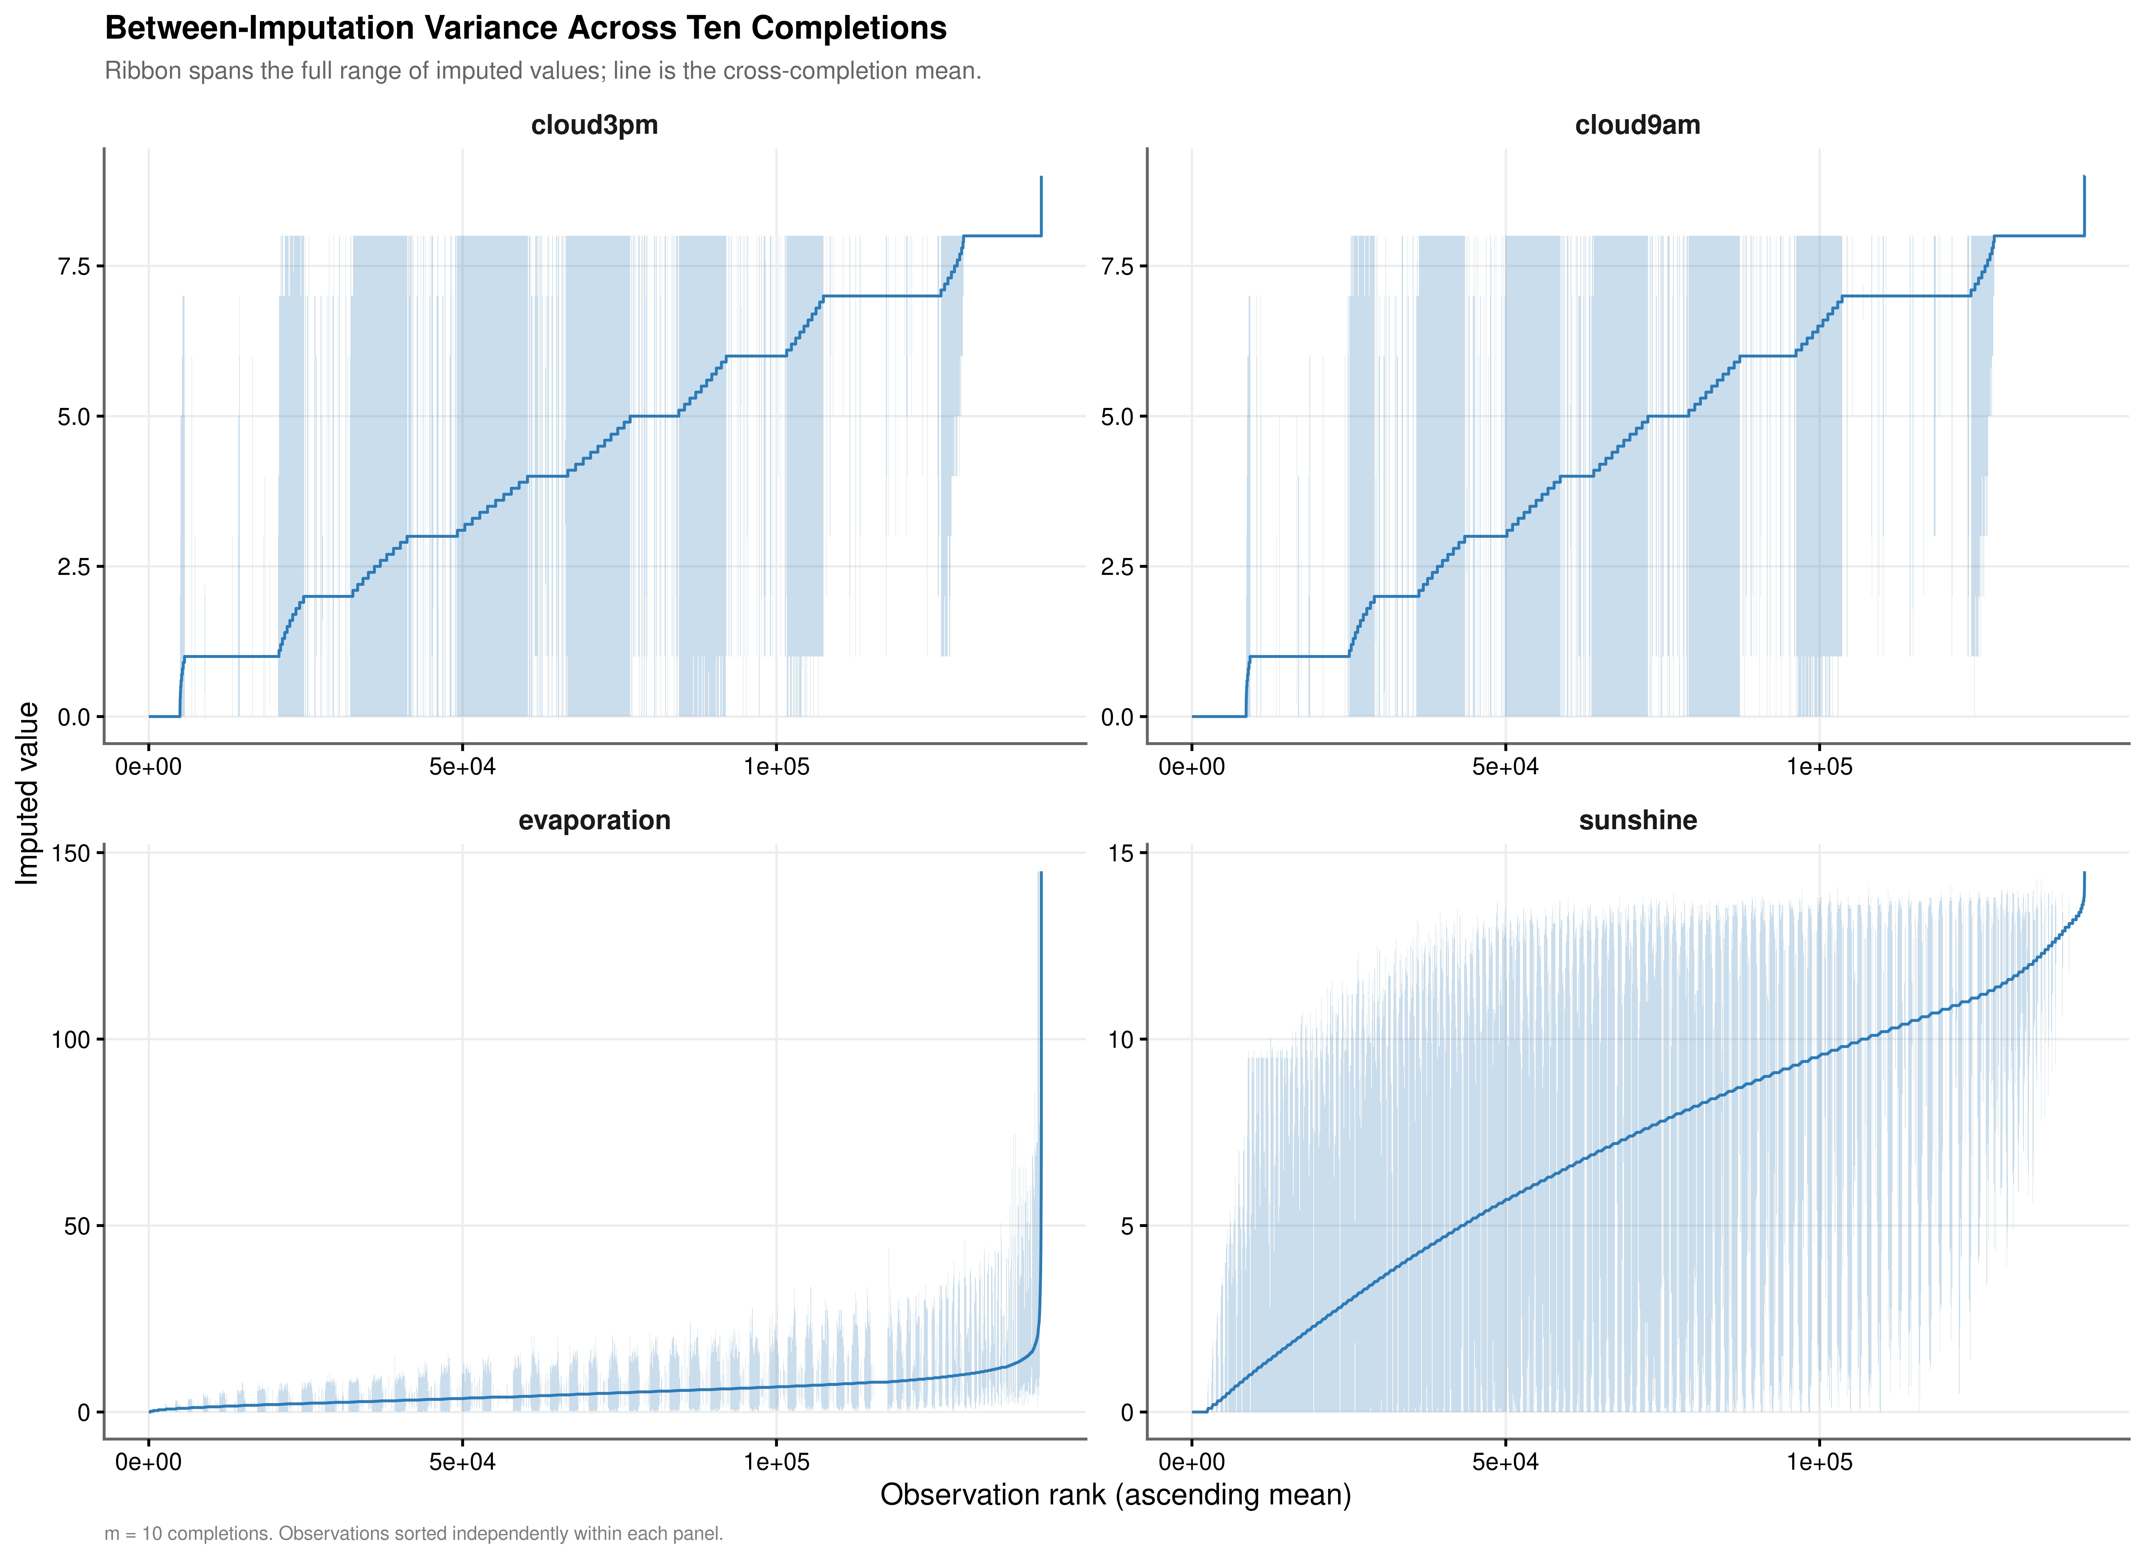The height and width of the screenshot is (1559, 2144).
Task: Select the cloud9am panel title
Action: pos(1637,125)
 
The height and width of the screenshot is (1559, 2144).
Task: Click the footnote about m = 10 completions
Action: pos(413,1533)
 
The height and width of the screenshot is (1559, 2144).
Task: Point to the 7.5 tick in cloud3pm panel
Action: pos(74,267)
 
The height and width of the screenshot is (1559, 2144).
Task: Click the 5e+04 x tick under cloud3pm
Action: pos(462,767)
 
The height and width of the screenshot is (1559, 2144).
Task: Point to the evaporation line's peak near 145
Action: pos(1041,874)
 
